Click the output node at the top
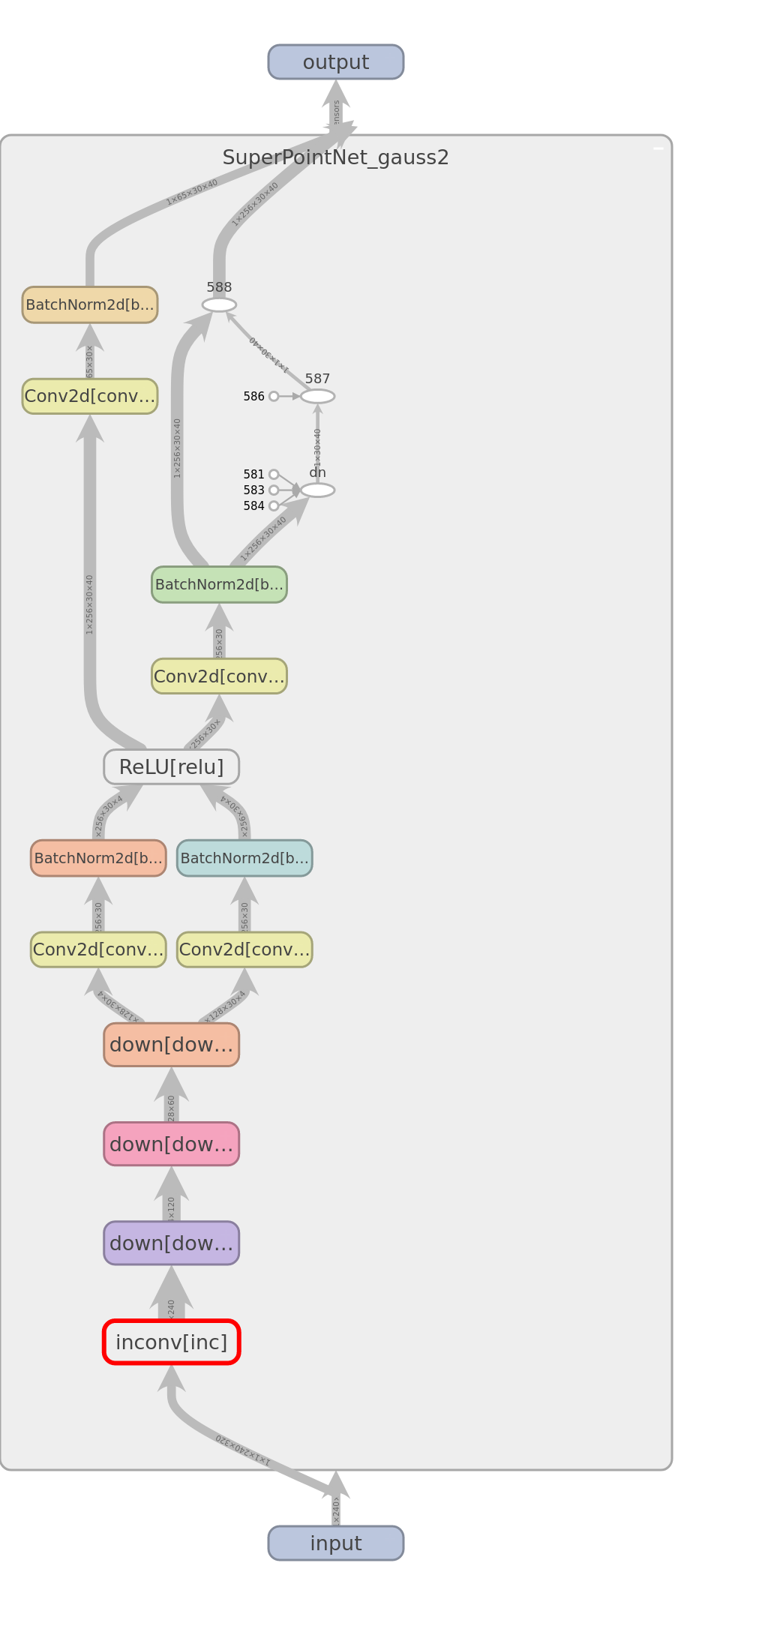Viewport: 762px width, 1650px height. tap(335, 61)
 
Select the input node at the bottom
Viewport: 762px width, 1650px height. tap(335, 1543)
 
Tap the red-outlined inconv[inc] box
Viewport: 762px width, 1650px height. tap(171, 1342)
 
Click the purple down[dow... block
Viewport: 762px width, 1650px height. tap(171, 1243)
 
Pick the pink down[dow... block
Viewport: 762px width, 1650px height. tap(171, 1144)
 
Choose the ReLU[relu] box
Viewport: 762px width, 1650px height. tap(171, 766)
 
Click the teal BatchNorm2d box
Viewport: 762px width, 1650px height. tap(244, 858)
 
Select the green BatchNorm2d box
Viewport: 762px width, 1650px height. tap(219, 584)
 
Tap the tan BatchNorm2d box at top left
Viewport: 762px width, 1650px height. tap(90, 304)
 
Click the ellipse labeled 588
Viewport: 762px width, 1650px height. tap(219, 304)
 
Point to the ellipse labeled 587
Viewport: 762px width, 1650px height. tap(317, 396)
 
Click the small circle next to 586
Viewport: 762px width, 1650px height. tap(274, 396)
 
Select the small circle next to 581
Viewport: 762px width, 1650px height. tap(274, 474)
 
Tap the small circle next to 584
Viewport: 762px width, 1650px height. tap(274, 505)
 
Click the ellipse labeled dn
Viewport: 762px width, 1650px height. tap(317, 490)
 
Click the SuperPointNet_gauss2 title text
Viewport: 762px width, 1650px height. tap(335, 157)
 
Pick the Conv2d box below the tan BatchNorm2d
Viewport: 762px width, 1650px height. tap(90, 396)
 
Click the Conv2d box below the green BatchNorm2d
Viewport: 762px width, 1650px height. tap(219, 676)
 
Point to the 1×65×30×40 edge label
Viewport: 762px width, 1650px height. tap(192, 192)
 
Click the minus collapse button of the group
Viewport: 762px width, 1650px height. tap(658, 148)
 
